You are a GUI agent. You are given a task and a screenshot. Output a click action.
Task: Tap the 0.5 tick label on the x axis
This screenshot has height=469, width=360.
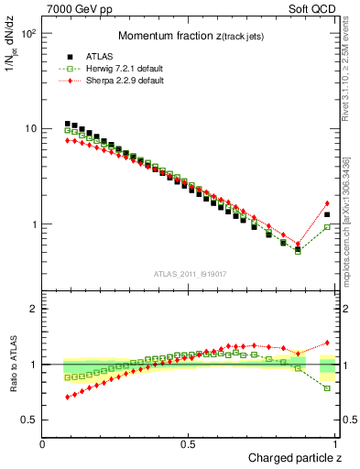tap(190, 444)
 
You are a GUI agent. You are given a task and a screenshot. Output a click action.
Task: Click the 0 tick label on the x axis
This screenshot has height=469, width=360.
tap(43, 444)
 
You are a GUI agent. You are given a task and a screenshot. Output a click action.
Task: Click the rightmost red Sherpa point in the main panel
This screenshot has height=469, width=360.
tap(327, 203)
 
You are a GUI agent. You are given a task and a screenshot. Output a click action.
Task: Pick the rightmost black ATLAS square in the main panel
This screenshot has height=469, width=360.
tap(327, 214)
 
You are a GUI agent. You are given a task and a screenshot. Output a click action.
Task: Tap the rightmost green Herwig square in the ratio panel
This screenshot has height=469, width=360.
tap(327, 388)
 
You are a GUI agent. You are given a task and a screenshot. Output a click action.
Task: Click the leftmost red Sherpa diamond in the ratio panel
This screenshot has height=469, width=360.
tap(68, 397)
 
